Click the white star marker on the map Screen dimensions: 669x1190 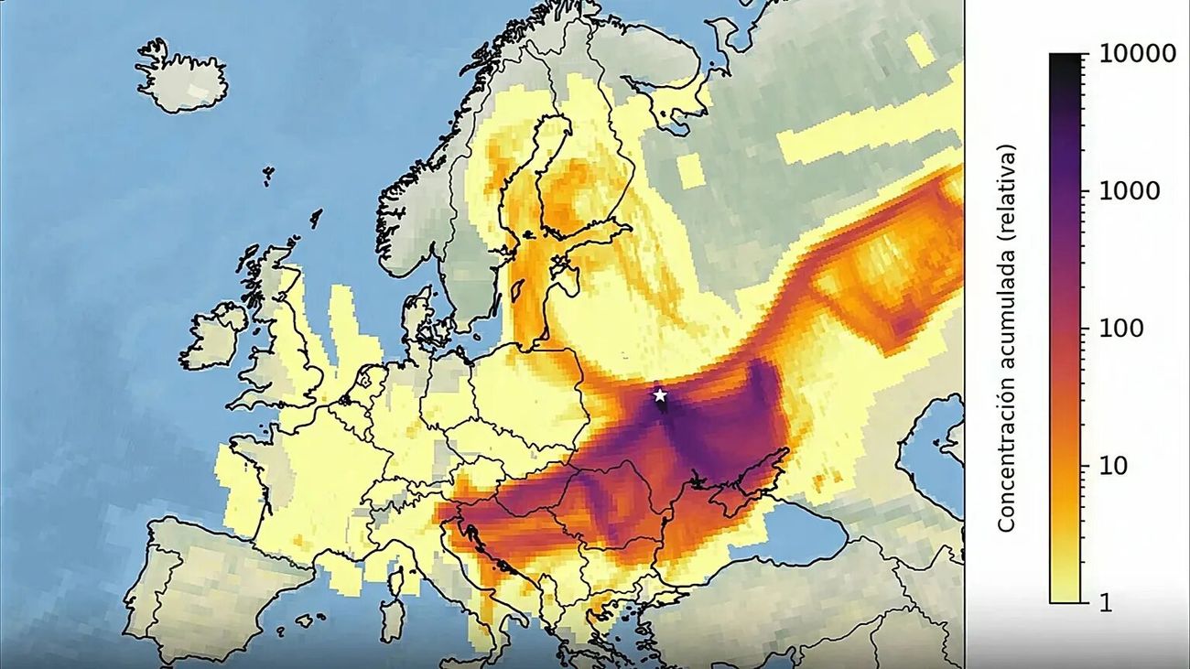coord(660,395)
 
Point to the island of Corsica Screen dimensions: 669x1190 coord(397,580)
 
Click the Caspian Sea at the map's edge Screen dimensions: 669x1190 coord(934,448)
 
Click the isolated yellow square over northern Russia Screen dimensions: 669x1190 coord(691,169)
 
